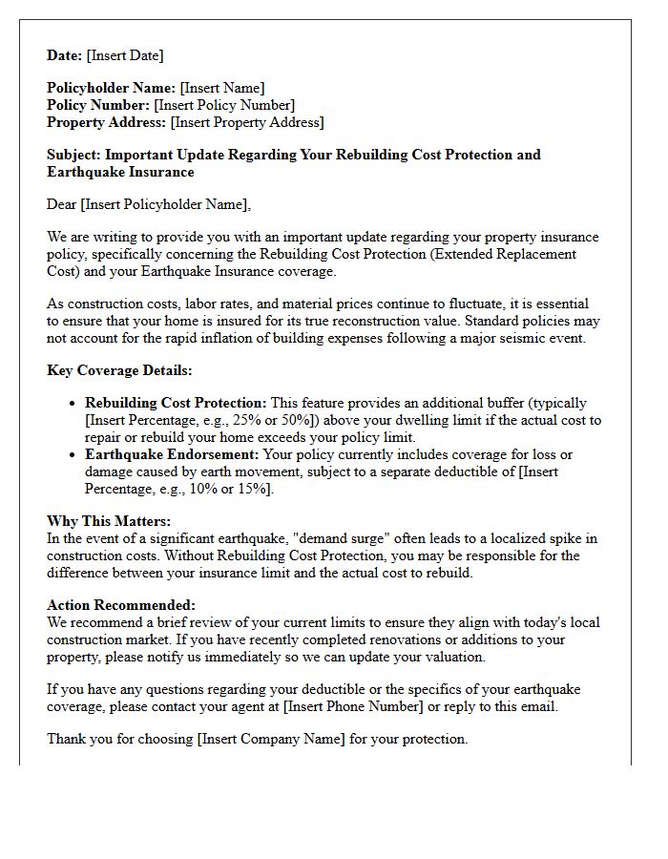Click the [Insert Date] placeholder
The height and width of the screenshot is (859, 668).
(125, 55)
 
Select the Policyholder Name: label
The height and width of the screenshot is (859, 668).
(111, 88)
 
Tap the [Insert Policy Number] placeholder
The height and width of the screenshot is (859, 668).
(224, 105)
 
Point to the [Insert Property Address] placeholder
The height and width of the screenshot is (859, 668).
(247, 122)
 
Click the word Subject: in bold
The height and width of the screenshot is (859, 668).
(73, 155)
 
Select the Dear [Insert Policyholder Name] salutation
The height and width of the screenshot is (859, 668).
(149, 204)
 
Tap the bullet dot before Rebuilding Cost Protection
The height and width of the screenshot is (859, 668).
(73, 404)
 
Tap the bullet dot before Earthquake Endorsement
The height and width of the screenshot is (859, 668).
(73, 455)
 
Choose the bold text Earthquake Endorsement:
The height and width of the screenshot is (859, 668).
(172, 454)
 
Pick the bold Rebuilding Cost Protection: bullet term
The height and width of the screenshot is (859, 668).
(176, 403)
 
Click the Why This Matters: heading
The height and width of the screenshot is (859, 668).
(109, 521)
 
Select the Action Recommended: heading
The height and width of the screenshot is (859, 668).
(121, 605)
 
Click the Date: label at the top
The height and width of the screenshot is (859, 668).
(65, 55)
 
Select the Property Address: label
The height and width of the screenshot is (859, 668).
(106, 122)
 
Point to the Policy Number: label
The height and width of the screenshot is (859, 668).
(98, 105)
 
